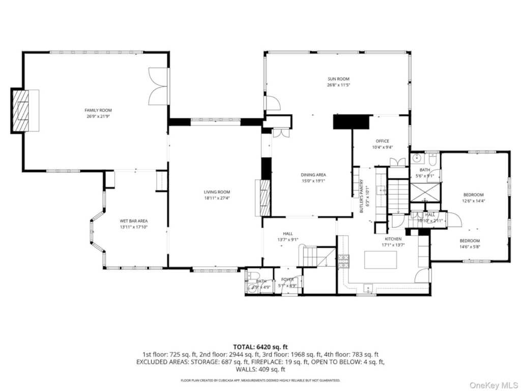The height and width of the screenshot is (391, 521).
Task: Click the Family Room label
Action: (98, 110)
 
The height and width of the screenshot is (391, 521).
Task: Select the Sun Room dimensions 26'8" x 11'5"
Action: (338, 85)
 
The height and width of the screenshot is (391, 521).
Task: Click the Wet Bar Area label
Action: (134, 221)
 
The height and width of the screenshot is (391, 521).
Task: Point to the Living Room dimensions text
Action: (217, 198)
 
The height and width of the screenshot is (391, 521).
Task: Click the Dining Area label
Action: (313, 175)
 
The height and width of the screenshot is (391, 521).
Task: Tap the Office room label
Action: (382, 141)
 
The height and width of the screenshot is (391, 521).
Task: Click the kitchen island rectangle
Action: (381, 260)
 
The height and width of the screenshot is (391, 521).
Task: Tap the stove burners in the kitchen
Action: (344, 261)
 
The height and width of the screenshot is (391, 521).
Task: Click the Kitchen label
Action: (393, 239)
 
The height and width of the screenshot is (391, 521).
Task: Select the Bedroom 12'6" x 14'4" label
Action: (473, 194)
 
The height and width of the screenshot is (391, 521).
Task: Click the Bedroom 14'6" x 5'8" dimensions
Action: (470, 247)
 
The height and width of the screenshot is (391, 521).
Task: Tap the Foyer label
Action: (287, 280)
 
